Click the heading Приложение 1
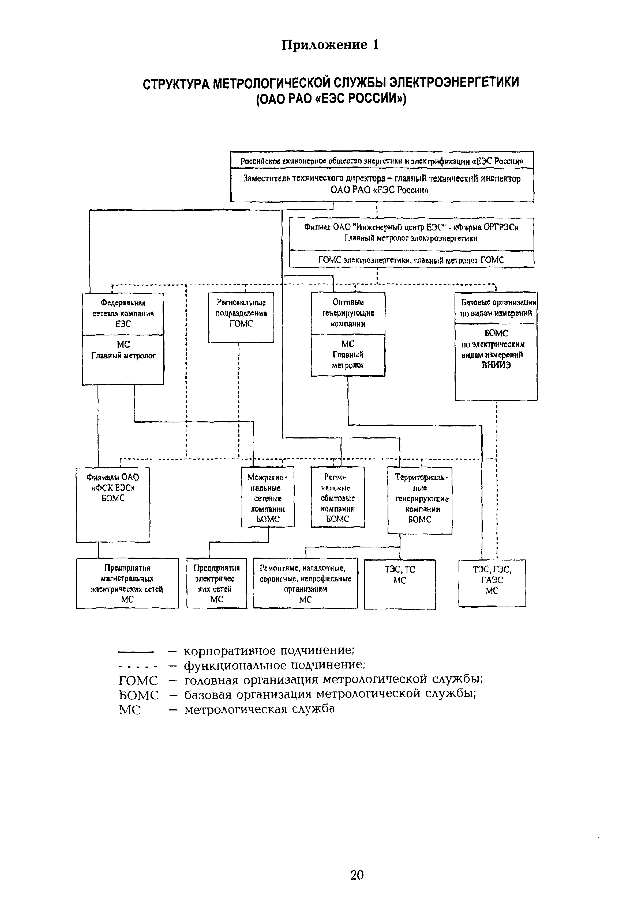pos(330,45)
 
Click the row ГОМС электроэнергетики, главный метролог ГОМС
pos(412,260)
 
